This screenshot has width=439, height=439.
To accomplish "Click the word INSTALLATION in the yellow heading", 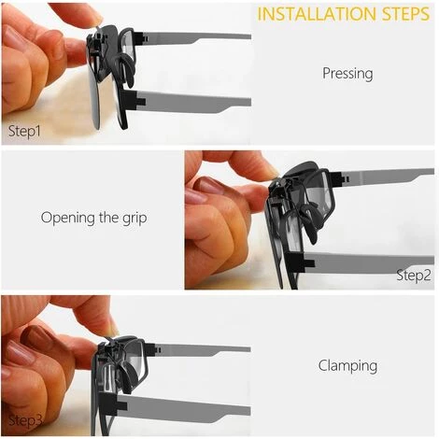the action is pos(317,14).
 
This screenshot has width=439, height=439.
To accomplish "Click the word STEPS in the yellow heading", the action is pos(405,14).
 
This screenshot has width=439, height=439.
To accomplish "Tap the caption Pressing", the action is pos(347,74).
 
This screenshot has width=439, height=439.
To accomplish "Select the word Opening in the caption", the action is pos(68,218).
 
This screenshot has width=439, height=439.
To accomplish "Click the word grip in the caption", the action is pos(135,218).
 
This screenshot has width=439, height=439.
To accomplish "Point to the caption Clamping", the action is pos(347,365).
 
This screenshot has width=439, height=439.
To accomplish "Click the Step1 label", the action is pos(24,131).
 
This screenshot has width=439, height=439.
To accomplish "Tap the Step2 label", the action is pos(414,276).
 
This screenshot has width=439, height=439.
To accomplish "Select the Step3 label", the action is pos(25,420).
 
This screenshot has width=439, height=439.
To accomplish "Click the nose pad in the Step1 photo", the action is pos(126,68).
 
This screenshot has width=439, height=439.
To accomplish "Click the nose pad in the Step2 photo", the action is pos(308,222).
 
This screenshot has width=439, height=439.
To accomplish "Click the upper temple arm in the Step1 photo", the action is pos(193,38).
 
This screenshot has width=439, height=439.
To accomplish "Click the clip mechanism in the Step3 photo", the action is pos(106,348).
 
